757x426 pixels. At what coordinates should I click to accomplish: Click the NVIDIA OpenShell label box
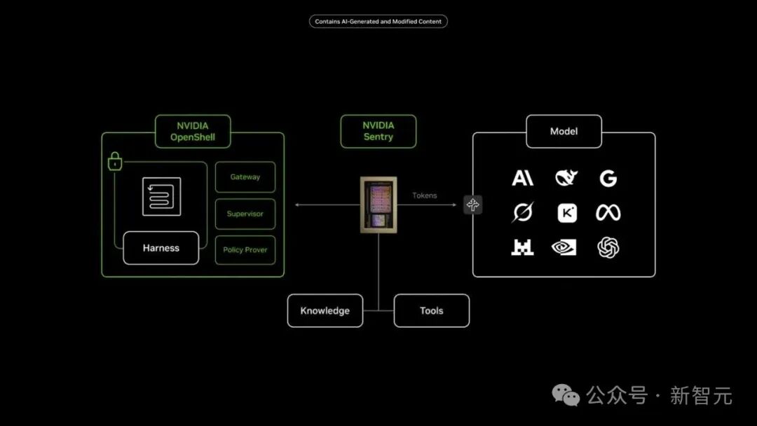click(193, 131)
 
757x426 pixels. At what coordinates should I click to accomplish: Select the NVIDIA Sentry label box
click(378, 131)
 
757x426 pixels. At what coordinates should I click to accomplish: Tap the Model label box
click(564, 131)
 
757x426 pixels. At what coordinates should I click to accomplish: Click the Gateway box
click(245, 177)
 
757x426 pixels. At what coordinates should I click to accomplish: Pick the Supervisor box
click(245, 214)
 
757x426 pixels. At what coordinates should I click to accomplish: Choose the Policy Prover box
click(245, 250)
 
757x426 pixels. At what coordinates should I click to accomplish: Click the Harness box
click(161, 248)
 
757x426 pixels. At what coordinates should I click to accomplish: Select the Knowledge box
click(325, 310)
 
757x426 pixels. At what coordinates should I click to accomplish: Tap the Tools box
click(432, 310)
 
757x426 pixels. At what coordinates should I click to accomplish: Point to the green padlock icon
click(115, 162)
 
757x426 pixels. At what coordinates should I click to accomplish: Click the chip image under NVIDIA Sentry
click(378, 205)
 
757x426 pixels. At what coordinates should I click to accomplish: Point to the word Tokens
click(424, 195)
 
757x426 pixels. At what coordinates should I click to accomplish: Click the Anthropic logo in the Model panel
click(522, 178)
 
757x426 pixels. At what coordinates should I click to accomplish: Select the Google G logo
click(608, 179)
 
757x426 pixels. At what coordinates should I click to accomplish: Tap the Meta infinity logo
click(608, 213)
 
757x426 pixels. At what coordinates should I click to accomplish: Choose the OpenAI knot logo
click(608, 247)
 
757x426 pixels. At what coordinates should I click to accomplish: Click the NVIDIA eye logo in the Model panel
click(564, 247)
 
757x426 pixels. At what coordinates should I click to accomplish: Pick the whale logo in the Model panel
click(566, 177)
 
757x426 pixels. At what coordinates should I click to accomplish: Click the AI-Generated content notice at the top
click(378, 21)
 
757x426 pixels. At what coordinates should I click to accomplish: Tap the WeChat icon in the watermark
click(566, 396)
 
